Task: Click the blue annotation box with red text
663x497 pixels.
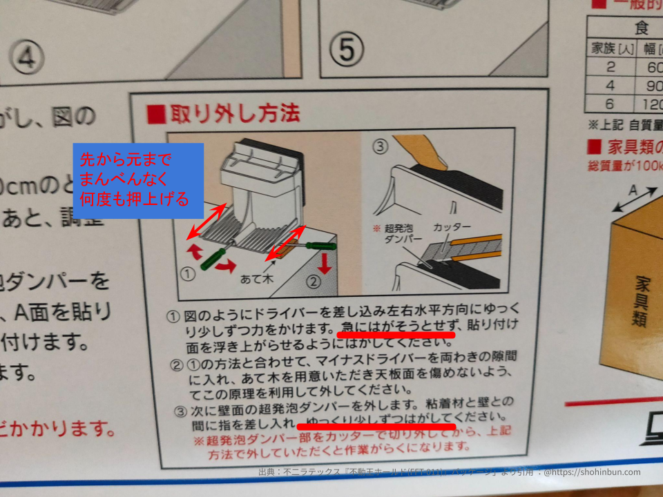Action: point(138,181)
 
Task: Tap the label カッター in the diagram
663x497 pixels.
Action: point(452,227)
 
